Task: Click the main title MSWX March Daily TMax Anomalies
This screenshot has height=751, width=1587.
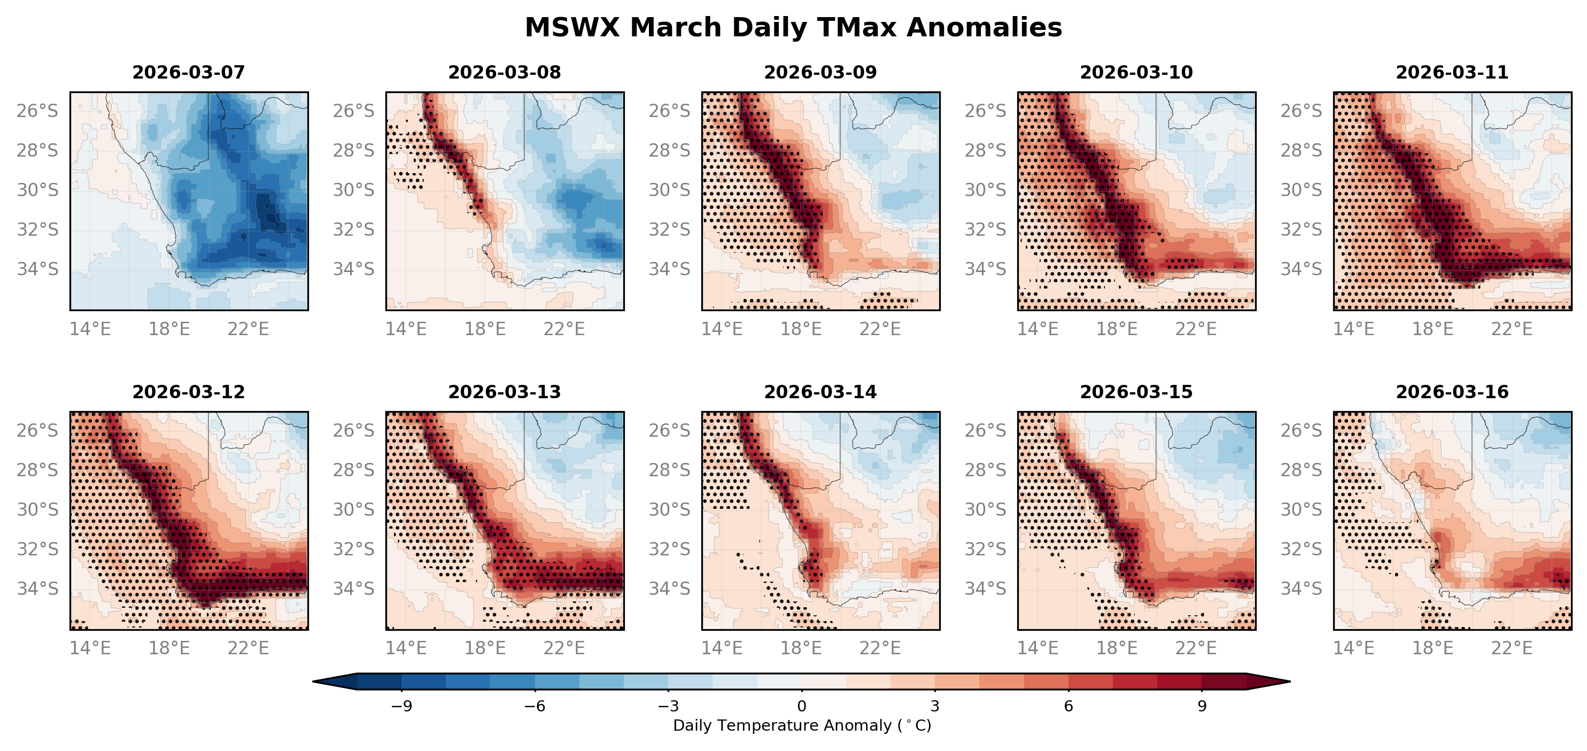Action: (793, 28)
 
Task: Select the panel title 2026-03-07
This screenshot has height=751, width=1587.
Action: (189, 73)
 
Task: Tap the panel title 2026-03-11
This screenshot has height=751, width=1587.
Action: (1452, 73)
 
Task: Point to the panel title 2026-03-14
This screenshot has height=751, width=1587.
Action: (820, 392)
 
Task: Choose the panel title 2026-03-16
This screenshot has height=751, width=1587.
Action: (1452, 392)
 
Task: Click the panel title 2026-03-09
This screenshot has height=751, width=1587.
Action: (820, 73)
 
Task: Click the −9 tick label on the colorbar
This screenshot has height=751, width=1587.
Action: (401, 706)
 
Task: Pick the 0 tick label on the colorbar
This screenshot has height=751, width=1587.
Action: (801, 706)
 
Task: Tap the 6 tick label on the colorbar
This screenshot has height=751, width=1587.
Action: (1069, 706)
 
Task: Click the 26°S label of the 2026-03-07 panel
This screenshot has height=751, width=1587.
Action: (37, 111)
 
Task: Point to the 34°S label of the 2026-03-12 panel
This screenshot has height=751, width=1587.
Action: (37, 589)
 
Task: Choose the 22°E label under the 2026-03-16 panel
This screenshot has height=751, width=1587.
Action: (1512, 648)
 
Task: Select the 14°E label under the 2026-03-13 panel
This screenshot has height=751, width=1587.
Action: (406, 648)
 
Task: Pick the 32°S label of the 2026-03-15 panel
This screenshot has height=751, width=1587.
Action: (985, 549)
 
